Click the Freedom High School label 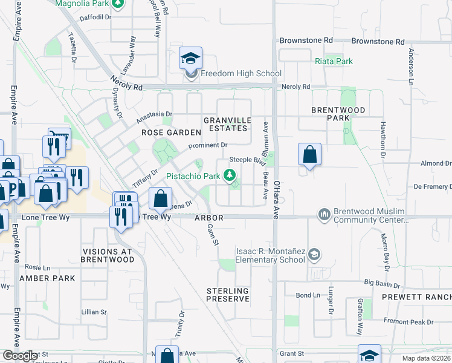pos(241,74)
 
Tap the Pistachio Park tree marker pos(229,175)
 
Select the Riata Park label pos(334,61)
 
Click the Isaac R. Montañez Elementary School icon pos(314,255)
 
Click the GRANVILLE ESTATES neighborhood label pos(225,124)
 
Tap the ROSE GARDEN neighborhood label pos(171,132)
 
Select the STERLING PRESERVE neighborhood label pos(228,295)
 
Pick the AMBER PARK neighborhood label pos(47,278)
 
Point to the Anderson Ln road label pos(411,67)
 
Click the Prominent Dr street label pos(207,145)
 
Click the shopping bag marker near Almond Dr pos(309,154)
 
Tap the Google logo pos(20,356)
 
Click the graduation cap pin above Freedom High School pos(190,59)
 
